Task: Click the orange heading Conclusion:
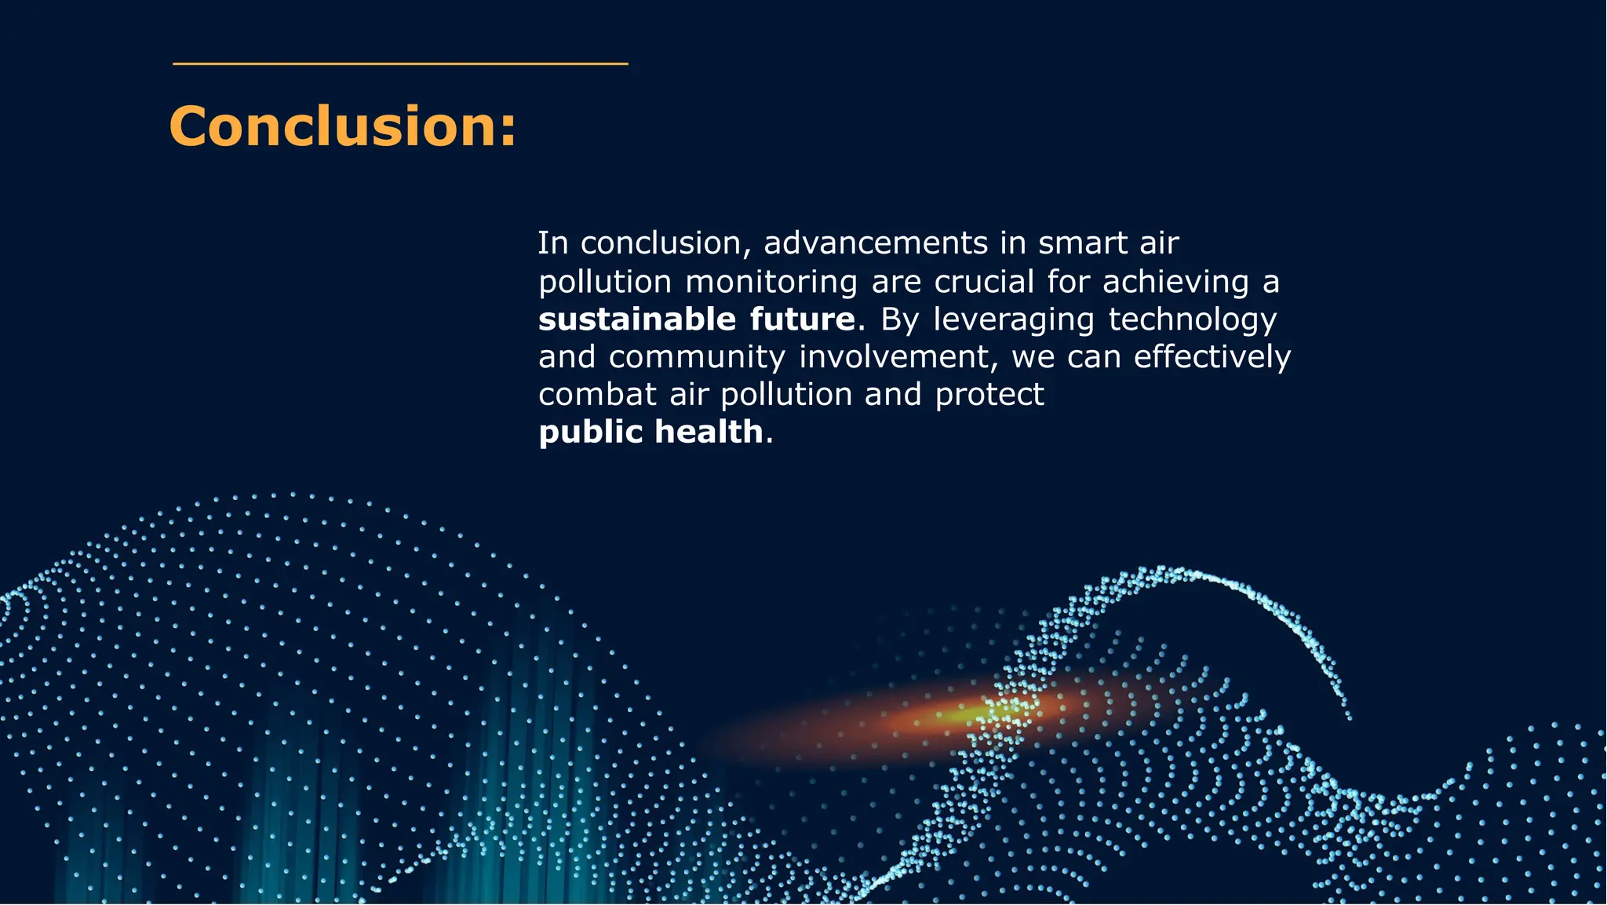pyautogui.click(x=343, y=126)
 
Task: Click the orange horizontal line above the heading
pyautogui.click(x=400, y=64)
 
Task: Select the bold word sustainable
pyautogui.click(x=637, y=319)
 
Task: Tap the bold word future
pyautogui.click(x=802, y=319)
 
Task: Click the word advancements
pyautogui.click(x=875, y=243)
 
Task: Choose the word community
pyautogui.click(x=697, y=358)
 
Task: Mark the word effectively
pyautogui.click(x=1212, y=358)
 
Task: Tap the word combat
pyautogui.click(x=597, y=395)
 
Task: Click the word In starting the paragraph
pyautogui.click(x=552, y=243)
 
